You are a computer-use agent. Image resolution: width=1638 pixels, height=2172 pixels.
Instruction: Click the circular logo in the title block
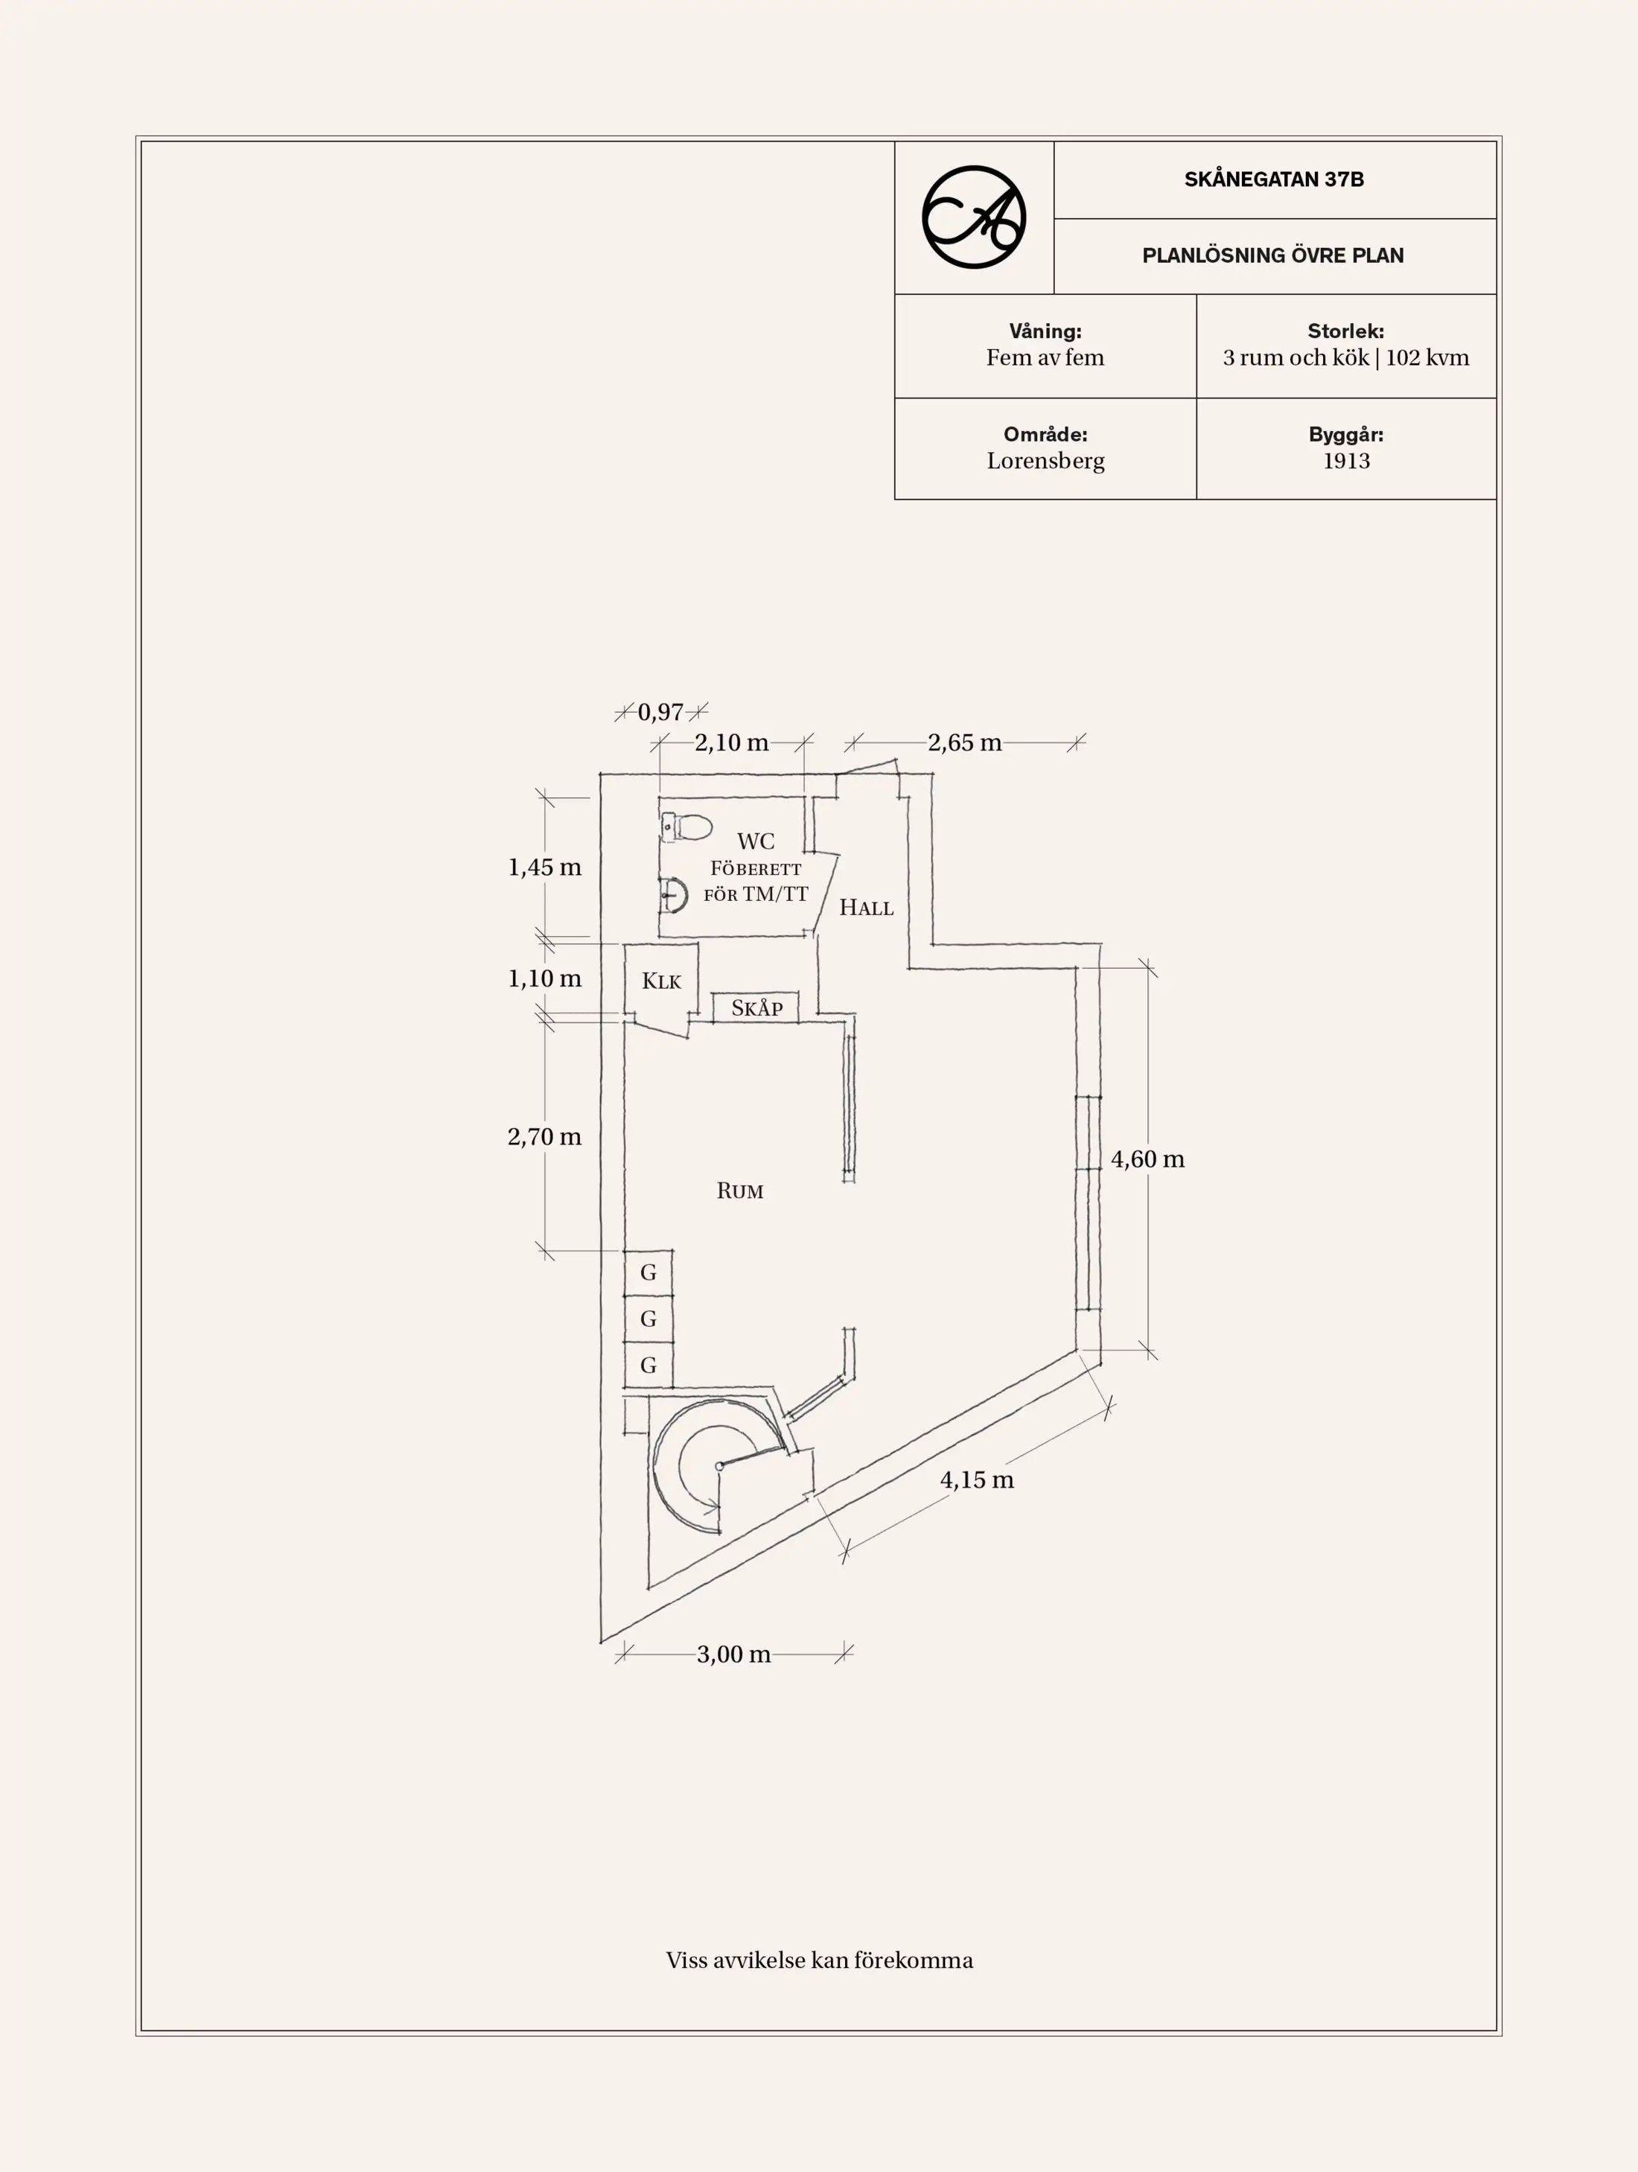[x=973, y=217]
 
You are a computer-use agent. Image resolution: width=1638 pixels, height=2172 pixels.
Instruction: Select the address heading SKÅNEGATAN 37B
[x=1274, y=179]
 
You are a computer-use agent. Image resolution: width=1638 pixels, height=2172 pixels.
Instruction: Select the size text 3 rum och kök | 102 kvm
[x=1345, y=357]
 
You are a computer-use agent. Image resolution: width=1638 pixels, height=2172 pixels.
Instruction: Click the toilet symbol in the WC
[x=686, y=827]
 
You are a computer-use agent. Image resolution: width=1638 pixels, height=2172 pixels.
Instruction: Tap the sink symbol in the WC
[x=672, y=894]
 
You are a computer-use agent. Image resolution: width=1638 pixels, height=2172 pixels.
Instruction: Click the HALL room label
[x=866, y=907]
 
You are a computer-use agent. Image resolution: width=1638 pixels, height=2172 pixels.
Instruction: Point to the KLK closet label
[x=661, y=981]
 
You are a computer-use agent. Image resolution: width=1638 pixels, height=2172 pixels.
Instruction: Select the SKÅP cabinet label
[x=757, y=1007]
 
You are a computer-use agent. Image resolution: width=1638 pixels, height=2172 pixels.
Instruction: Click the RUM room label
[x=739, y=1191]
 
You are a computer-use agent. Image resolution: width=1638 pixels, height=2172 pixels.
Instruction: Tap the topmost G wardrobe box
[x=648, y=1273]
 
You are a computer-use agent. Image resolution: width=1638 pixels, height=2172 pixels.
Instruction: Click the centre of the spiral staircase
[x=720, y=1466]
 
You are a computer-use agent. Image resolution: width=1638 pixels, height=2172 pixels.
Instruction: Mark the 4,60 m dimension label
[x=1147, y=1159]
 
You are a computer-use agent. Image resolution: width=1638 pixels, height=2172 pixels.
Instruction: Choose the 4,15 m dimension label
[x=976, y=1480]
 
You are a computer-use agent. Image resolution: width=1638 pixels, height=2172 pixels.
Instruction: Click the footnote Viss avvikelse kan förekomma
[x=819, y=1961]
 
